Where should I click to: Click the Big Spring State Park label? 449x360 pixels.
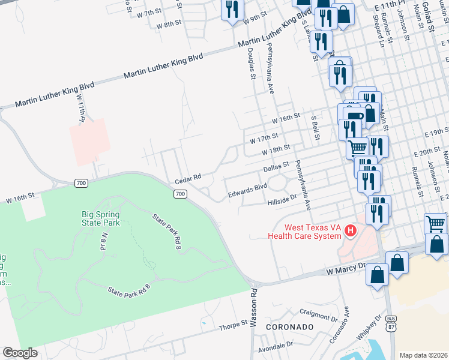(101, 218)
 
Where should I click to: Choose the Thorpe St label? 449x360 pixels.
(233, 324)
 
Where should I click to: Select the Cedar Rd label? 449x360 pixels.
(187, 179)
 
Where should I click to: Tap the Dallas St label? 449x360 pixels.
(277, 167)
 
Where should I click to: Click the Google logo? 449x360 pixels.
(20, 353)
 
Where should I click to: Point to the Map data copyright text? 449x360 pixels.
(423, 355)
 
